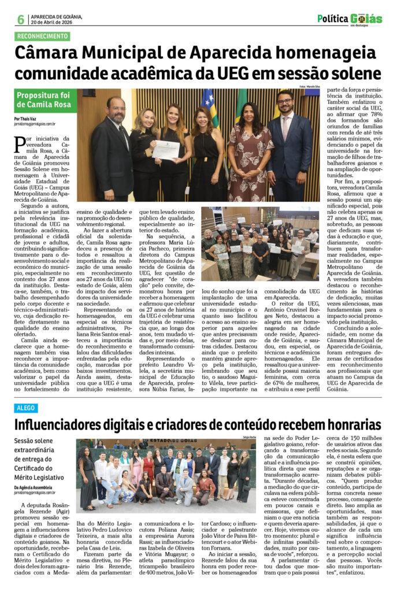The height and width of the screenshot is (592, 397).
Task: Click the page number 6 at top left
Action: point(20,19)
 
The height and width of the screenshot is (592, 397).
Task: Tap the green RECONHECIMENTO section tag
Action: point(42,36)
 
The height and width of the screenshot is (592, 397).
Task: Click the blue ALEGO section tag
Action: point(26,408)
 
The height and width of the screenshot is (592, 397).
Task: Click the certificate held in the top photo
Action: point(165,150)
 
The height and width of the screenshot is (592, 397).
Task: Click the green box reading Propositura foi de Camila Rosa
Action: point(45,100)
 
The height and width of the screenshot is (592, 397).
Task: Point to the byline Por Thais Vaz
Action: point(25,119)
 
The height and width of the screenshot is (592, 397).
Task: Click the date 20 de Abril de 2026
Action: point(57,23)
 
